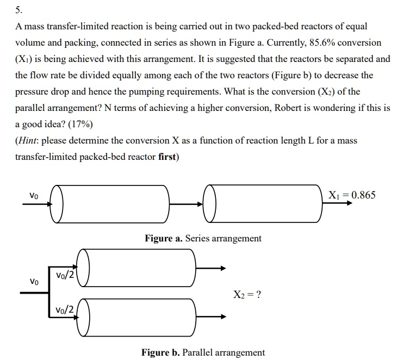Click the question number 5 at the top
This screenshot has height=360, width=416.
point(18,9)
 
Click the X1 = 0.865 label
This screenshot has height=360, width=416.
point(352,195)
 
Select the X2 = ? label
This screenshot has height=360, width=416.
point(247,295)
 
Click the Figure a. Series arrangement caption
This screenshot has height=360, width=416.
point(203,238)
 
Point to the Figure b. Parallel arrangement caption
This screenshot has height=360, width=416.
point(203,352)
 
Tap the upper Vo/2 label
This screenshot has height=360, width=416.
point(65,276)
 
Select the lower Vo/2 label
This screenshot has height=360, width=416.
point(65,310)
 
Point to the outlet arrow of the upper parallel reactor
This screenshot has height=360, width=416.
point(210,268)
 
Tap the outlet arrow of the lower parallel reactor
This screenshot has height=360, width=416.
point(210,316)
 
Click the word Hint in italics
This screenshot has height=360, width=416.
point(27,141)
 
